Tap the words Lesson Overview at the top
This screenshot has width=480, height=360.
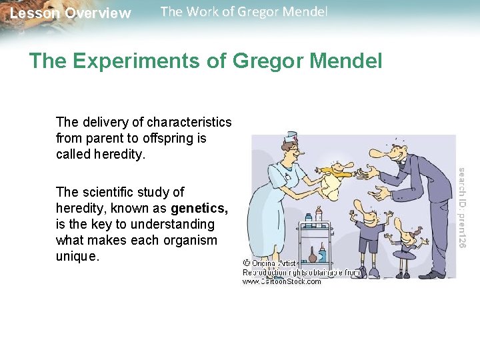[71, 13]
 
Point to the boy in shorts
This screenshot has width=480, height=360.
[368, 233]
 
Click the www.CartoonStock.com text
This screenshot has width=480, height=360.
[281, 281]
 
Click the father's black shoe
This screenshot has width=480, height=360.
[432, 274]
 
